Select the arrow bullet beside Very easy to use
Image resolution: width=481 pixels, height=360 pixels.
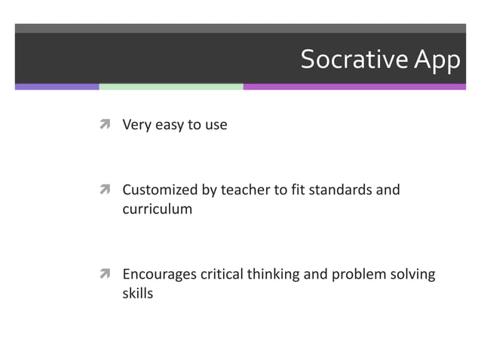(x=106, y=125)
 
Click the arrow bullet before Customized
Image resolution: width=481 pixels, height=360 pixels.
(x=106, y=190)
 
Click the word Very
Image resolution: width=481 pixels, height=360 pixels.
(x=136, y=125)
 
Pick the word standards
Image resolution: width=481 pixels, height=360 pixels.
(x=342, y=190)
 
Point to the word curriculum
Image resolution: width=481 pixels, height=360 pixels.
(x=157, y=209)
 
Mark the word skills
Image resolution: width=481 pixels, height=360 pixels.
(x=137, y=294)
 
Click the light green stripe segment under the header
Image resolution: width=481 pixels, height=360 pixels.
(x=171, y=87)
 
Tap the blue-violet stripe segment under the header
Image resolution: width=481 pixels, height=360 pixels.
(x=57, y=87)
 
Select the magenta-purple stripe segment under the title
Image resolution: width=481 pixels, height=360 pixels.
(x=354, y=87)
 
